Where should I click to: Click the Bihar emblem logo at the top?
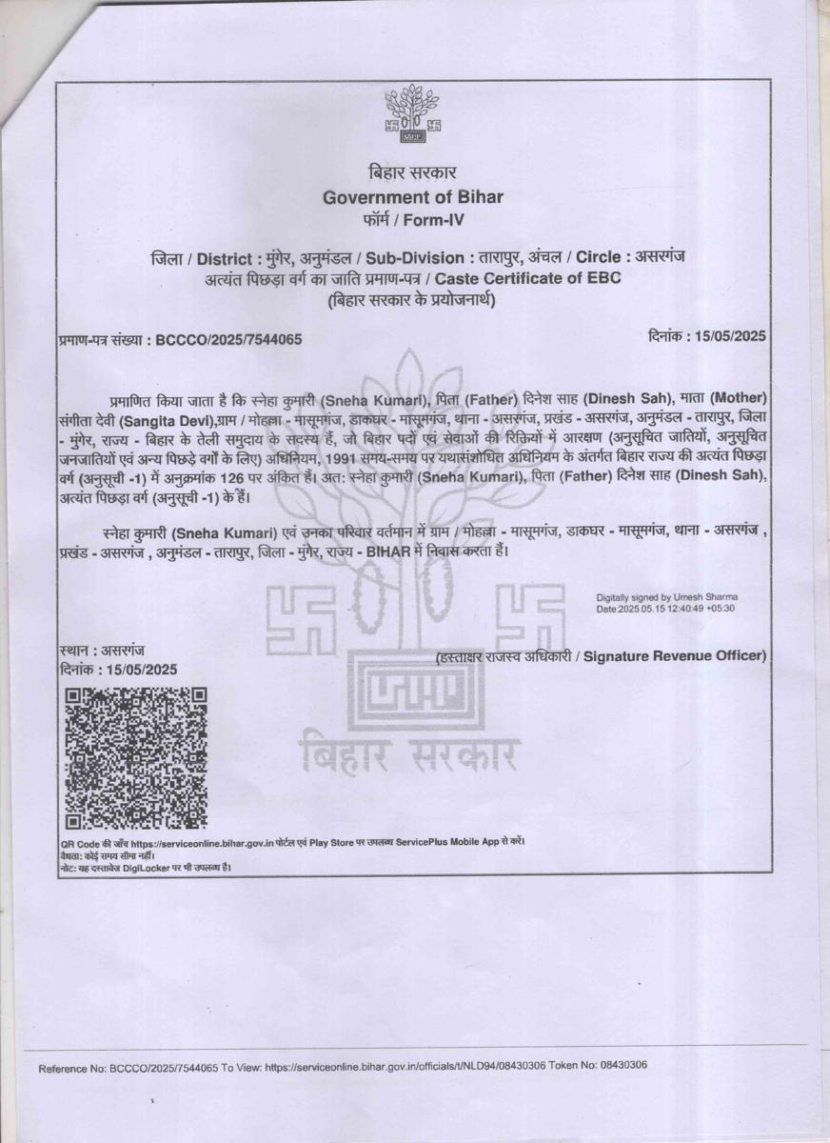point(412,116)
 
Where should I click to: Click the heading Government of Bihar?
point(412,197)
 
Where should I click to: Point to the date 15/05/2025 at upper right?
point(731,335)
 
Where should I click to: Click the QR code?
point(135,756)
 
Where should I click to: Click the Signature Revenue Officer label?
point(674,656)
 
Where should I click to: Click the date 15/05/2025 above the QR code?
point(142,670)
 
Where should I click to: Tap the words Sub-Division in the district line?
point(430,258)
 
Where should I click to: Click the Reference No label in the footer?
point(72,1068)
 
